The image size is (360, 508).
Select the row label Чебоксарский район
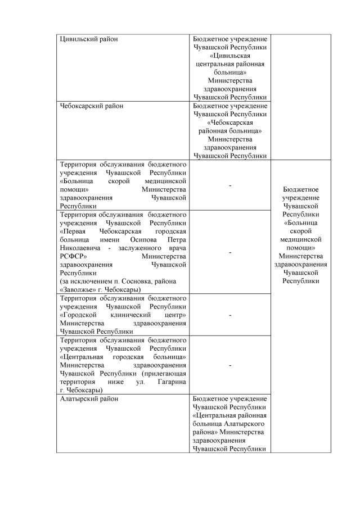(x=91, y=106)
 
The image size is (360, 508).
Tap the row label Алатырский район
(x=87, y=398)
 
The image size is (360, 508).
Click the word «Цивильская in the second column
(x=230, y=56)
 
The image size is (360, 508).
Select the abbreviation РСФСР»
(x=72, y=256)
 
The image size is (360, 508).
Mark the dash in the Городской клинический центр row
(x=230, y=315)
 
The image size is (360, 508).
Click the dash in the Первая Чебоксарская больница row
(x=230, y=252)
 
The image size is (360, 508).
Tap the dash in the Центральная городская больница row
(x=230, y=365)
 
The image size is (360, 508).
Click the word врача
(x=175, y=248)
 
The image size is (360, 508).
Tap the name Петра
(x=176, y=240)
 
